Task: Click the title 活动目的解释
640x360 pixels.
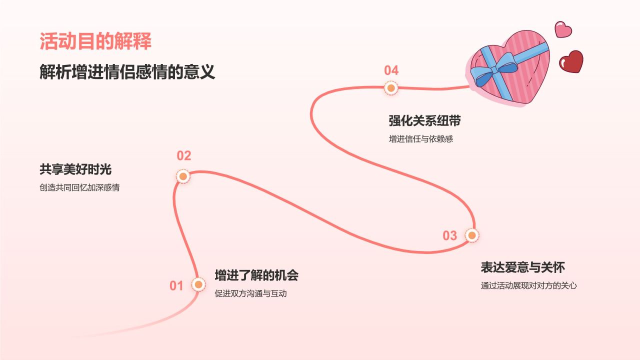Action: pos(95,41)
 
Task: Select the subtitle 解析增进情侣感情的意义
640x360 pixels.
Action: pos(127,72)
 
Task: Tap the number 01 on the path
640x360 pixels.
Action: pos(176,286)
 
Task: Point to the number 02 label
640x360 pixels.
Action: pos(184,156)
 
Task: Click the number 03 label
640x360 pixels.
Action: pos(450,235)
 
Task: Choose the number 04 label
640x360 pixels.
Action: pos(391,70)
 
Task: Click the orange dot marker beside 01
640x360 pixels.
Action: pos(198,284)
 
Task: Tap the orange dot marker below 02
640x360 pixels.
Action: pos(183,176)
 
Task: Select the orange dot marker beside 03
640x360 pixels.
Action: pos(471,235)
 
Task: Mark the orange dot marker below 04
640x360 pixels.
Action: pos(391,88)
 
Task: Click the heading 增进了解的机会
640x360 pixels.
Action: pos(256,275)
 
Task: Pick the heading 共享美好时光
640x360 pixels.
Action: pos(75,169)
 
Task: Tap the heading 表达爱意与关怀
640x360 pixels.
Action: pos(522,267)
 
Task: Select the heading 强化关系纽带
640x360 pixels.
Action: pos(424,121)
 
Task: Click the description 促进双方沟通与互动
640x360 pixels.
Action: pos(250,293)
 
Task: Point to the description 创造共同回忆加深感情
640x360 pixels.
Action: pos(79,188)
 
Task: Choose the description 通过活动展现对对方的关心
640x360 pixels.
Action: pos(528,286)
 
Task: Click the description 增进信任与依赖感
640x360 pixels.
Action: pos(420,139)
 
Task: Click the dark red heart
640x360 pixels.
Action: pos(571,61)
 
